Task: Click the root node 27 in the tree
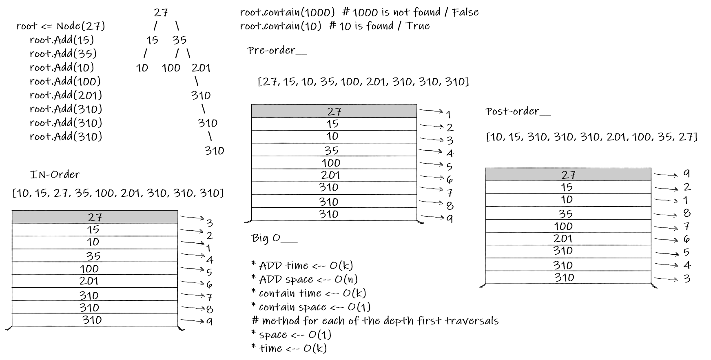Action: pyautogui.click(x=161, y=13)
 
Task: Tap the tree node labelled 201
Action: pyautogui.click(x=201, y=68)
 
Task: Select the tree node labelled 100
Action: pyautogui.click(x=171, y=68)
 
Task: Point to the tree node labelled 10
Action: pyautogui.click(x=142, y=68)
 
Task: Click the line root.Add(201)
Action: pyautogui.click(x=66, y=95)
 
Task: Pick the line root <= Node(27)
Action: pyautogui.click(x=60, y=26)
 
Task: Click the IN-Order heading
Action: pyautogui.click(x=60, y=175)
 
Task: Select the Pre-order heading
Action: pyautogui.click(x=277, y=51)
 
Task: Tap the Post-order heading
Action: pyautogui.click(x=518, y=111)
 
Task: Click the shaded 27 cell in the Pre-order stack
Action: pyautogui.click(x=334, y=111)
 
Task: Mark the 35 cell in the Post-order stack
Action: pyautogui.click(x=566, y=213)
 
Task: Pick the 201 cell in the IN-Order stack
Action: pyautogui.click(x=89, y=281)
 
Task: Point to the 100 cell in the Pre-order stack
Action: pyautogui.click(x=331, y=163)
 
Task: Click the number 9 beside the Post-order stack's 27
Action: pyautogui.click(x=687, y=174)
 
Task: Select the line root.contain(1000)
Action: pyautogui.click(x=287, y=12)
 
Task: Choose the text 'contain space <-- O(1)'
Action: pyautogui.click(x=314, y=307)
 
